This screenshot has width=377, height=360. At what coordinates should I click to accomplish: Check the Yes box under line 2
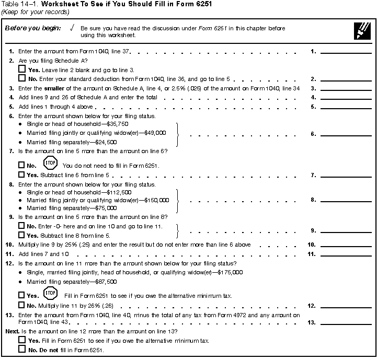point(22,69)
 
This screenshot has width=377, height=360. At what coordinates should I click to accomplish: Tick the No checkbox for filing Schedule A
point(22,78)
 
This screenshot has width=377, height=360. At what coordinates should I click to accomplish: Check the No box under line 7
point(22,166)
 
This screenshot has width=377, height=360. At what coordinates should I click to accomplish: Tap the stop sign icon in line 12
point(51,294)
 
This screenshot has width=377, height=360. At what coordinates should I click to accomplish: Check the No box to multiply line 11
point(22,305)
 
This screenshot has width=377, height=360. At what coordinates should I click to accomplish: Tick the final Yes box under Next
point(22,340)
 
